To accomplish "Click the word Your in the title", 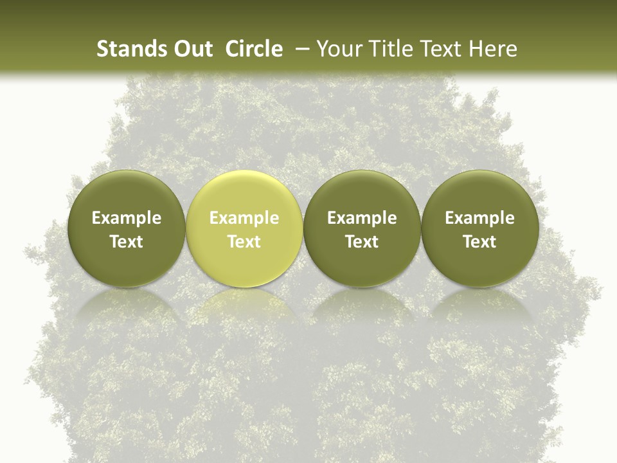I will coord(339,49).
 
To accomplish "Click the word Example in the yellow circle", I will coord(244,218).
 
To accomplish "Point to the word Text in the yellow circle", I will coord(244,242).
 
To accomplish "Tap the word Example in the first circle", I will coord(127,218).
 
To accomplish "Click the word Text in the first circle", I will coord(127,242).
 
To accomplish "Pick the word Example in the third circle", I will coord(362,218).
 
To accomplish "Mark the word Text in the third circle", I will coord(362,242).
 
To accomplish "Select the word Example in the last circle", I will coord(479,218).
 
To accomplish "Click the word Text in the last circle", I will coord(479,242).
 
